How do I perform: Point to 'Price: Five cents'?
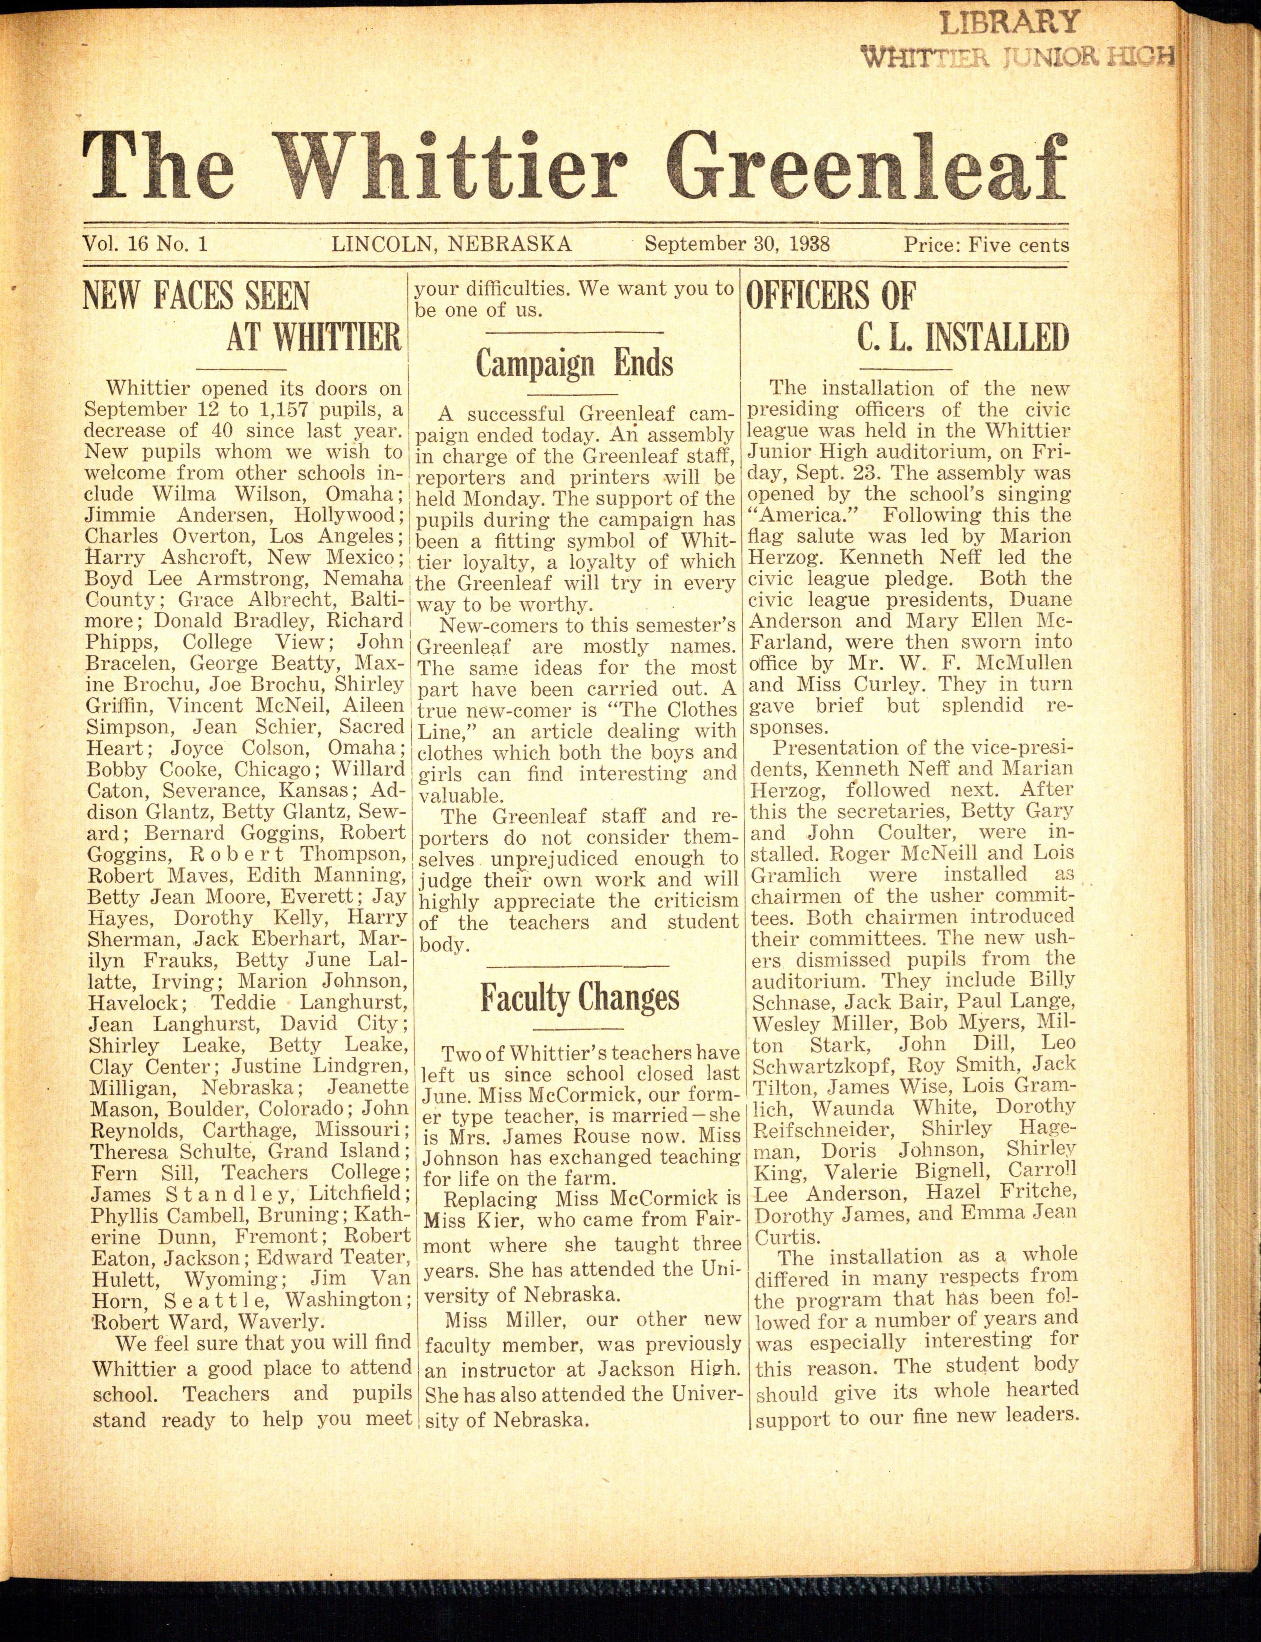986,245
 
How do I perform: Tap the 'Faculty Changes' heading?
580,998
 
